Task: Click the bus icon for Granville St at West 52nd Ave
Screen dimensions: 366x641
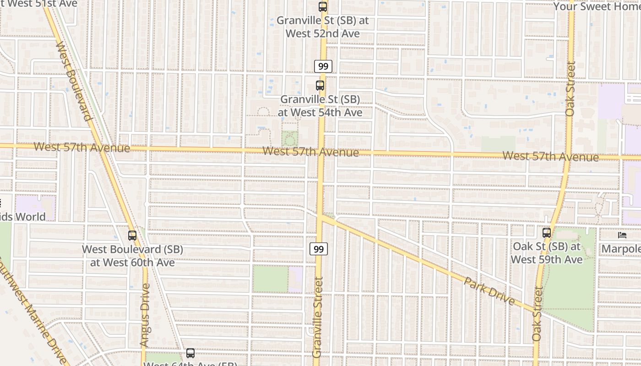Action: (x=323, y=7)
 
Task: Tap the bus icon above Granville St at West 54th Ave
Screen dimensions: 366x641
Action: (x=320, y=86)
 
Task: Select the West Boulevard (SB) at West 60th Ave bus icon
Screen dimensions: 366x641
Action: (x=132, y=236)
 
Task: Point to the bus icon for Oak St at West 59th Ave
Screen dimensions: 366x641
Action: (x=546, y=233)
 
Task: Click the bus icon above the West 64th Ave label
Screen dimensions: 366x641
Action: (x=190, y=353)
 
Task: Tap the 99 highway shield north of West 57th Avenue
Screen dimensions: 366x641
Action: (x=323, y=66)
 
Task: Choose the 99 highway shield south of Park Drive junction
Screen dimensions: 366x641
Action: (x=319, y=249)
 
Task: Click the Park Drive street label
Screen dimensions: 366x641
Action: (x=489, y=291)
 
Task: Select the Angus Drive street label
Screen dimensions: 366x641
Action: (x=145, y=315)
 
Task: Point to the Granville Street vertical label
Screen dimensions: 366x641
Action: (x=318, y=317)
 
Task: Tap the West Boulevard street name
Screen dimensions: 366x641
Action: (x=74, y=81)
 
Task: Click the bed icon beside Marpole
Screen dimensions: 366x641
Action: (x=622, y=235)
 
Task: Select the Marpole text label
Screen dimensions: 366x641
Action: (x=621, y=249)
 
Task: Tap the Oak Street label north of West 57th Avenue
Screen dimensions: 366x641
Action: (x=570, y=89)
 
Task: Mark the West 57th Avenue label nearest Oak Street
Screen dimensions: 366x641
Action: (x=550, y=156)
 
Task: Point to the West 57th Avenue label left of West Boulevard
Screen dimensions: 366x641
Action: (x=81, y=147)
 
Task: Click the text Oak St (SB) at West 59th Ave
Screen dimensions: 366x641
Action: (x=546, y=253)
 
